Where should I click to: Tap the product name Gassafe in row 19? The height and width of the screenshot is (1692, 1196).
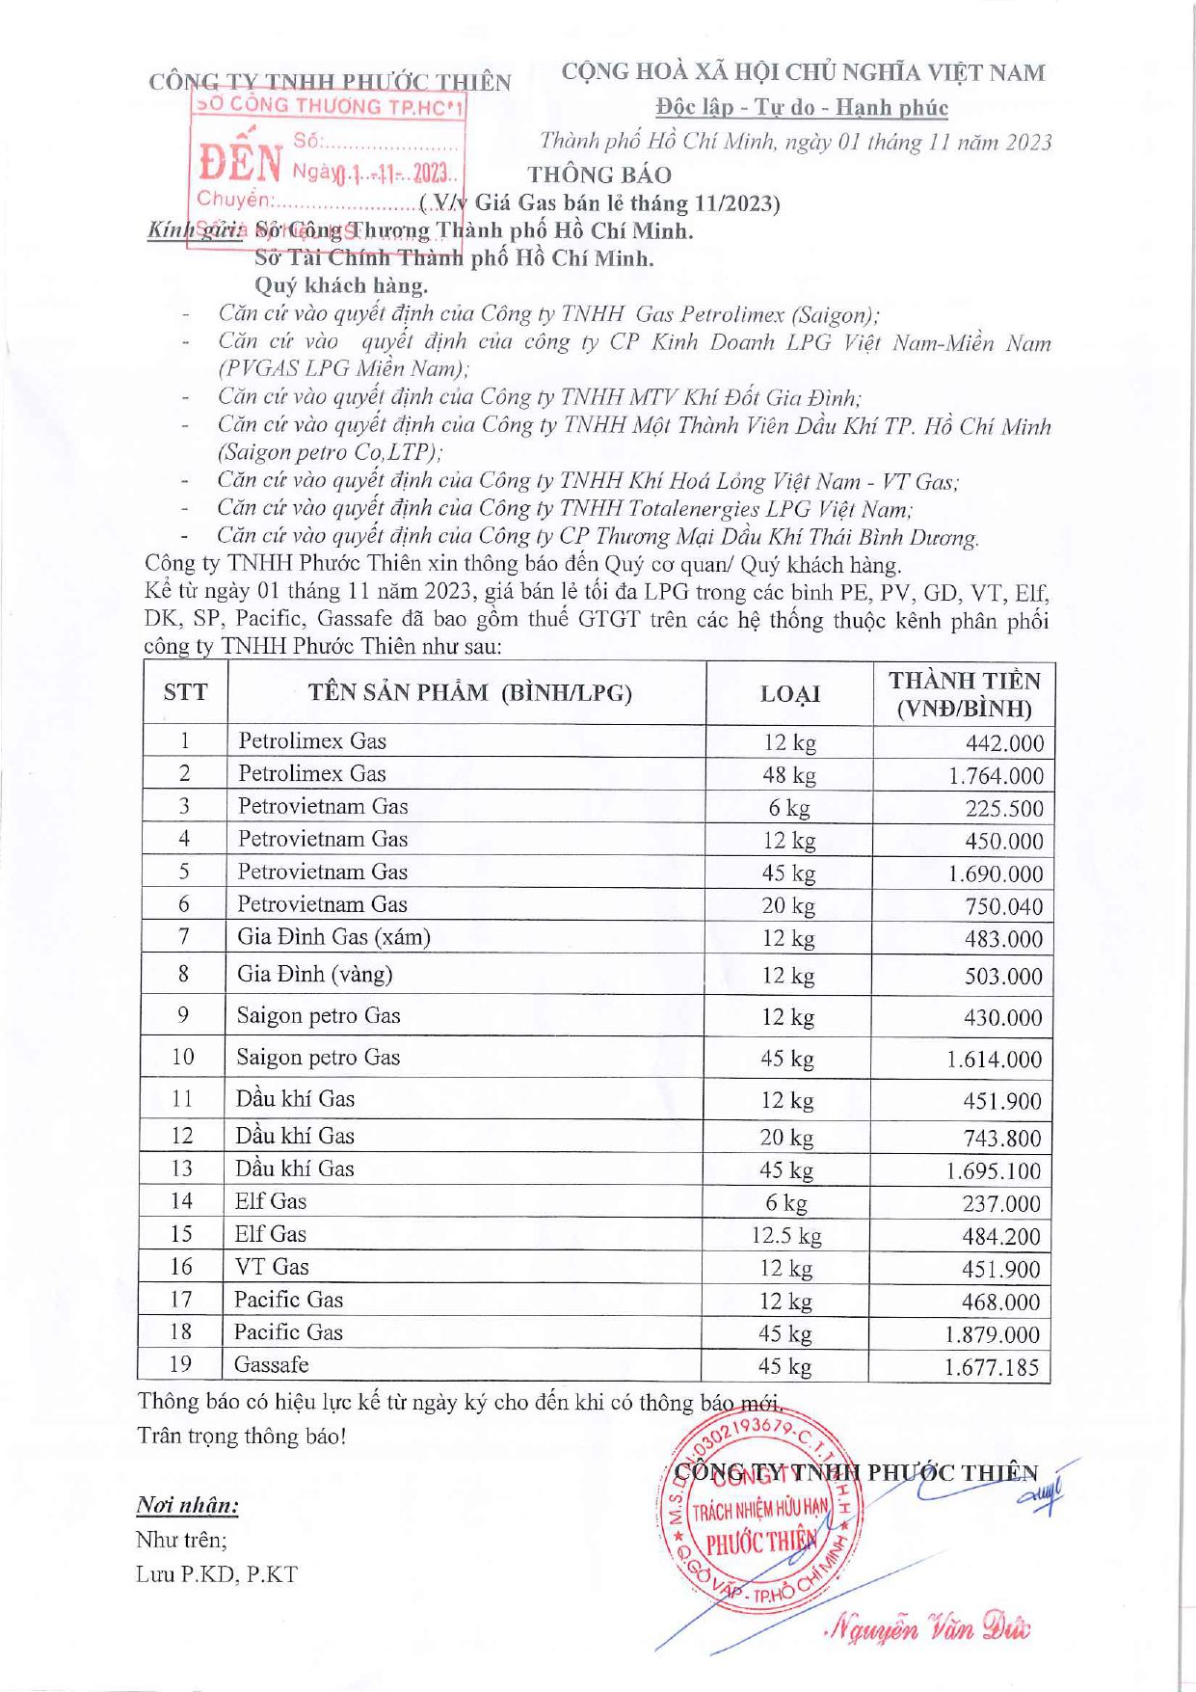[272, 1365]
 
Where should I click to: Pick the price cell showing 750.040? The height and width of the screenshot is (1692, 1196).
[1003, 906]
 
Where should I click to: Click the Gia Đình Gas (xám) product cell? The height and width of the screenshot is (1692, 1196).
[333, 937]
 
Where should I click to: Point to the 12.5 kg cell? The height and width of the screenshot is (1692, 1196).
[786, 1236]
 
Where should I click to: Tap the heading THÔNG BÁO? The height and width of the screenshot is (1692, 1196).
[599, 175]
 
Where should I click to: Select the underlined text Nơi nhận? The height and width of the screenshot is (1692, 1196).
[187, 1505]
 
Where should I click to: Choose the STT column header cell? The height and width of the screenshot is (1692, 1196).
[185, 692]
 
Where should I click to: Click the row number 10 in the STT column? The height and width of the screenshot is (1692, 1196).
[183, 1057]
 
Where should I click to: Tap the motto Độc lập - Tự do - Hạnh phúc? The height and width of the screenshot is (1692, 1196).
[802, 107]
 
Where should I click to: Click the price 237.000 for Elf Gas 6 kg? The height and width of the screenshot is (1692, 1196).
[1001, 1203]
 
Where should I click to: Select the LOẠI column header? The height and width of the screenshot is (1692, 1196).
[789, 694]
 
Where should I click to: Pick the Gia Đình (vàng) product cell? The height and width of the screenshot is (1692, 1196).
[315, 974]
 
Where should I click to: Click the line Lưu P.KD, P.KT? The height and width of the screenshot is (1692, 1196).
[217, 1574]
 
